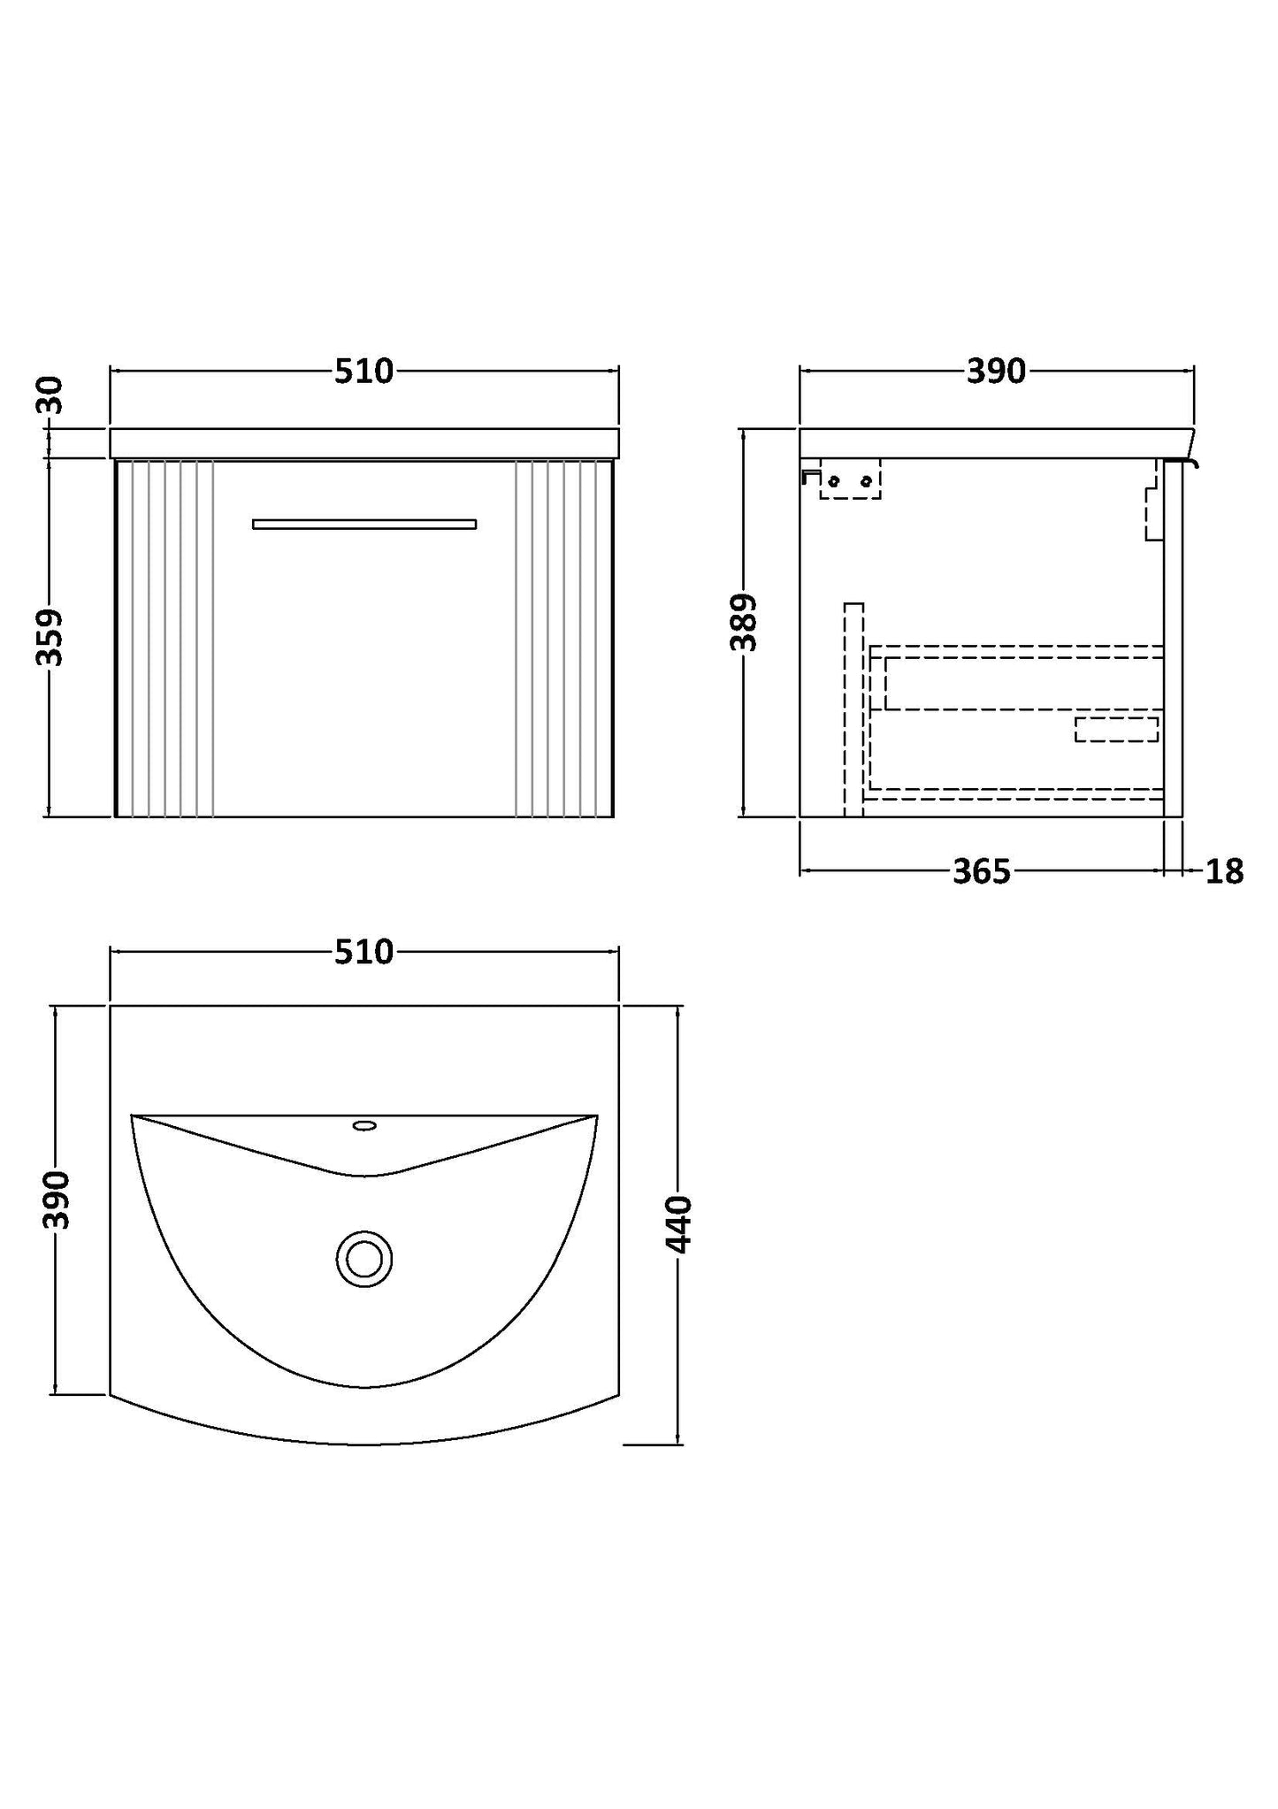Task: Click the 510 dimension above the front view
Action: [364, 372]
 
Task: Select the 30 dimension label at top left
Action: [50, 395]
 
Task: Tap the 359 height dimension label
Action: [50, 637]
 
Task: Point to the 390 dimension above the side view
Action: [996, 372]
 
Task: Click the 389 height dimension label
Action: [744, 623]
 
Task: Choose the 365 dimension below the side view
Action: [981, 872]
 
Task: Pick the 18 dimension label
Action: [1224, 872]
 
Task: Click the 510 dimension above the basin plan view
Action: [364, 952]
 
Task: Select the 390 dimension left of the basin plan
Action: [57, 1200]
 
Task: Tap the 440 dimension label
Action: [678, 1224]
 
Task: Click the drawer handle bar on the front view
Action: [364, 524]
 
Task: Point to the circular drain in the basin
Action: [364, 1258]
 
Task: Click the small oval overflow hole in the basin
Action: [364, 1126]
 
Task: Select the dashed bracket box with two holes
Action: [850, 479]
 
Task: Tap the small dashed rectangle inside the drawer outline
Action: [1116, 730]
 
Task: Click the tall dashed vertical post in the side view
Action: [853, 708]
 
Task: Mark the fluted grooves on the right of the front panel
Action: [563, 637]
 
